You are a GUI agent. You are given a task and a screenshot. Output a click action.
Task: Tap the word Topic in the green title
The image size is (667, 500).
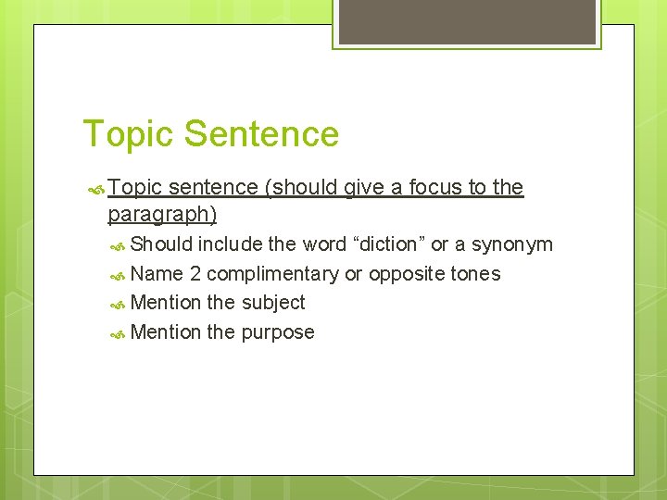[x=129, y=133]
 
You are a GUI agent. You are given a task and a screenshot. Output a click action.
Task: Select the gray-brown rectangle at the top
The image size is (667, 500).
[x=467, y=21]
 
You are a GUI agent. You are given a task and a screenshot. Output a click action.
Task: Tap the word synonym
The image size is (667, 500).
[x=512, y=244]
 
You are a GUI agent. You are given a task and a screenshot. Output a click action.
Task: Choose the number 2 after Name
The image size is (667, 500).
[x=195, y=274]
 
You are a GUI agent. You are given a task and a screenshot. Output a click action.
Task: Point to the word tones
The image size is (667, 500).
[x=476, y=274]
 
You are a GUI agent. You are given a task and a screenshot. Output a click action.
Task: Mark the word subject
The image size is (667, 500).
[x=273, y=303]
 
